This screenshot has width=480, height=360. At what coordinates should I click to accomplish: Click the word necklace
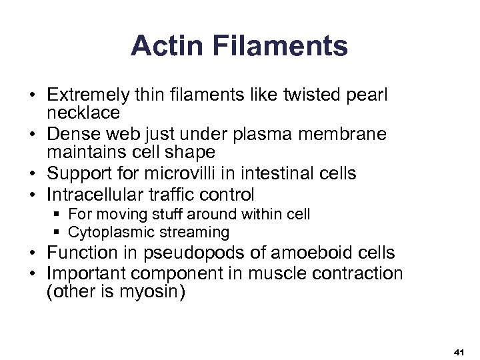pyautogui.click(x=83, y=113)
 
